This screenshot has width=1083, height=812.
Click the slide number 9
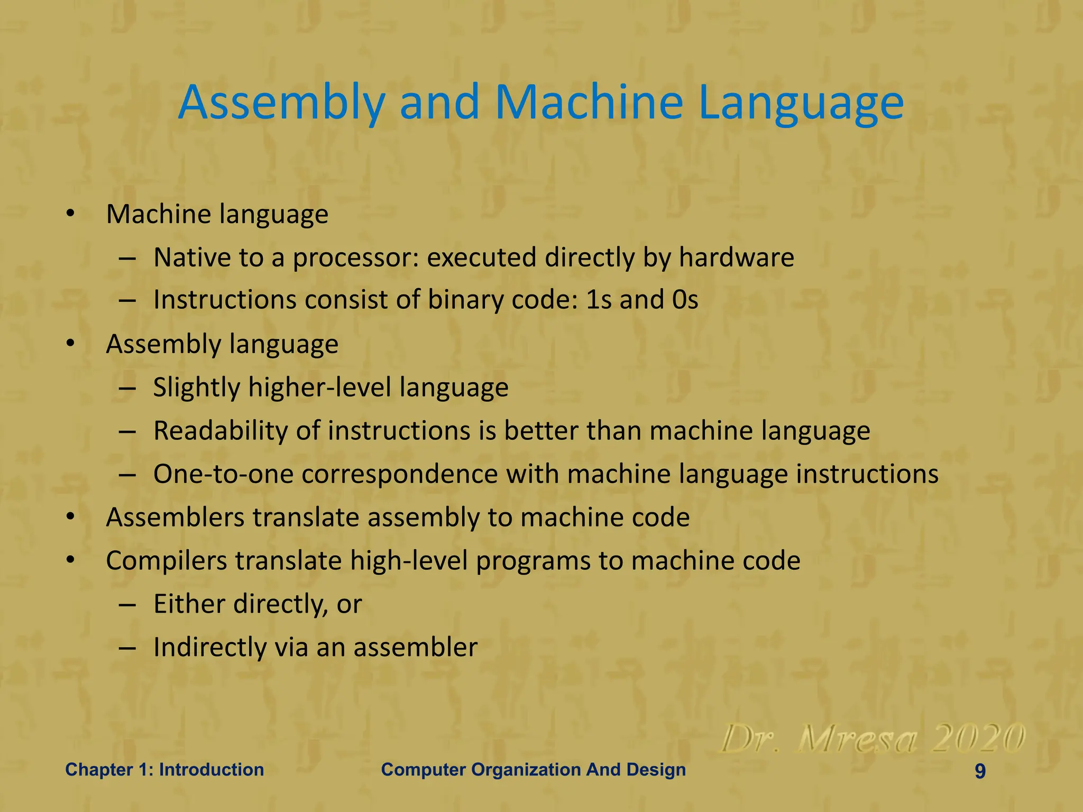tap(980, 771)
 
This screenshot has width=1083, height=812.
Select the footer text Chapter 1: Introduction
tap(164, 769)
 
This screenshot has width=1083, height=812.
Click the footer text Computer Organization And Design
tap(533, 769)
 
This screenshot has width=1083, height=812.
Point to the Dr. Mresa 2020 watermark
tap(873, 739)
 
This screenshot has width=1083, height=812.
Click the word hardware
tap(736, 257)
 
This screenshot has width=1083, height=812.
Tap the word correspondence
tap(400, 474)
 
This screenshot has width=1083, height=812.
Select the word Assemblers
tap(175, 517)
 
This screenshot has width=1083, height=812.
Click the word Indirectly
tap(209, 647)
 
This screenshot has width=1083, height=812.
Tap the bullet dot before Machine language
tap(70, 214)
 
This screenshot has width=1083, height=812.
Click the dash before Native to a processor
tap(127, 259)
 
